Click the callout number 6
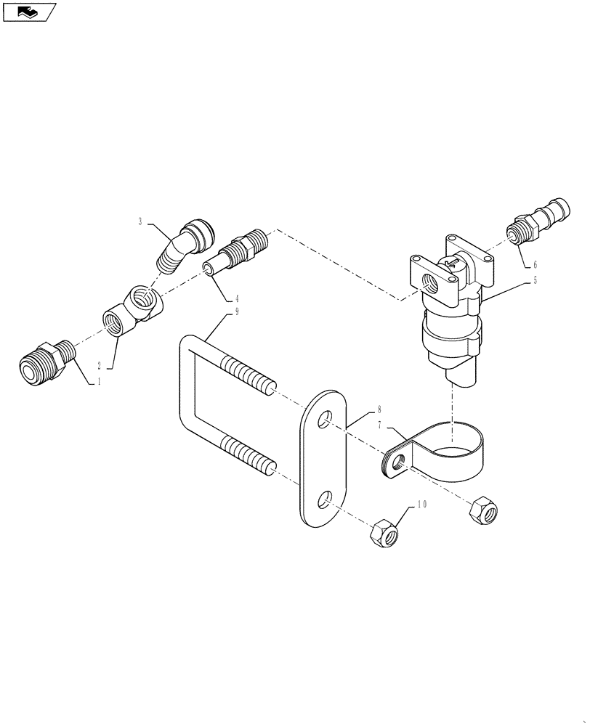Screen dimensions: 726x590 point(535,266)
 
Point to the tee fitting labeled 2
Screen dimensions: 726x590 point(134,309)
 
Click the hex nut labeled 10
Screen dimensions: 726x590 point(382,535)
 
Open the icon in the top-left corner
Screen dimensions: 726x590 point(28,12)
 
